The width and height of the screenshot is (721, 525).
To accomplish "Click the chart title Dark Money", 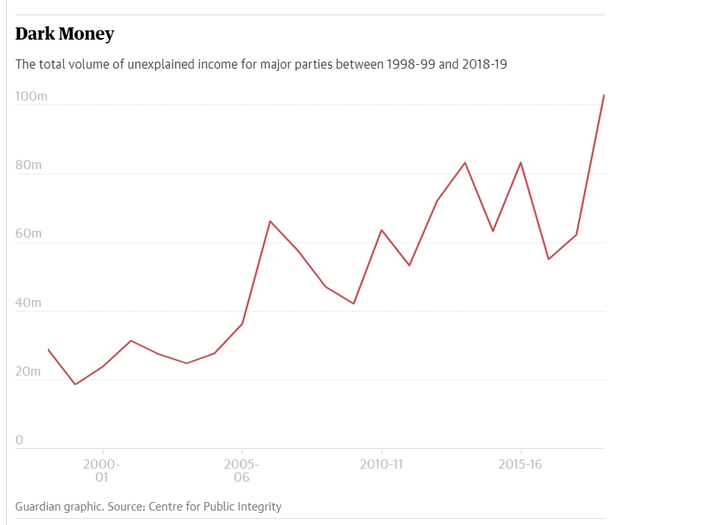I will [65, 34].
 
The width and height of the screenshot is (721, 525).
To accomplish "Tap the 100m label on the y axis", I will [31, 97].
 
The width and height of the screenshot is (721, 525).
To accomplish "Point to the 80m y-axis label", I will [29, 165].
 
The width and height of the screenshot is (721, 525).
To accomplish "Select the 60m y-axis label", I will [29, 234].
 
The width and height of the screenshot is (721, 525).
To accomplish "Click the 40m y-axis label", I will [29, 303].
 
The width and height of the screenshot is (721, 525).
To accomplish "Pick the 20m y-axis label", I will [29, 372].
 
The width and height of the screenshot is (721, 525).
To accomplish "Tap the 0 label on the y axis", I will [20, 440].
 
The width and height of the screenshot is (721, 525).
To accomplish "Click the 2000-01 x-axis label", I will [102, 471].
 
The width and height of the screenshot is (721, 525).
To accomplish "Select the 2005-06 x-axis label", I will [242, 471].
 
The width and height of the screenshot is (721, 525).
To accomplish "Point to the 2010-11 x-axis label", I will [381, 464].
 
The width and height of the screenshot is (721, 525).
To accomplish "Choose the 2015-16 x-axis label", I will [521, 464].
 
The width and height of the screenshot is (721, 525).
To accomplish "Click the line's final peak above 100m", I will [604, 95].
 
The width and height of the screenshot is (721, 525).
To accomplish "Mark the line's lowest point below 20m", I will [75, 384].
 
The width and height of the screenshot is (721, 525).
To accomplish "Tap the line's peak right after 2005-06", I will [270, 221].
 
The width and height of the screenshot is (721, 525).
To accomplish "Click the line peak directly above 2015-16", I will [521, 162].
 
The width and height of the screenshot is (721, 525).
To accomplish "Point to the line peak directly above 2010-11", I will [381, 229].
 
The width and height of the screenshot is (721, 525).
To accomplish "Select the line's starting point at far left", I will [48, 349].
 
